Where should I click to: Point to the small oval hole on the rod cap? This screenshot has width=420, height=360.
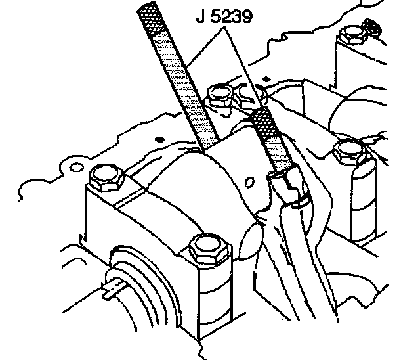pyautogui.click(x=249, y=177)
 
